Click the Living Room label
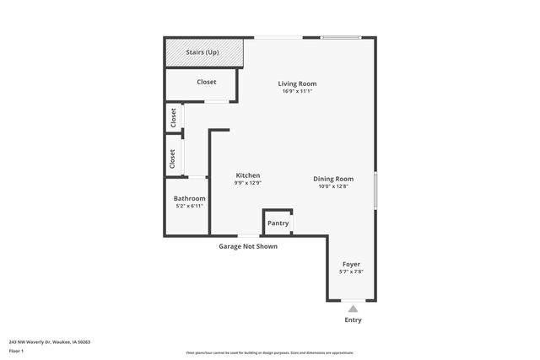coord(297,83)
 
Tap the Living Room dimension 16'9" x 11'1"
coord(297,91)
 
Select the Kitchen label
coord(247,175)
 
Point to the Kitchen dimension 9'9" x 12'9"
coord(247,183)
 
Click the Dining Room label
coord(332,179)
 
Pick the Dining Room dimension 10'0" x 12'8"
coord(332,186)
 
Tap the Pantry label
coord(278,223)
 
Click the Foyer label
coord(351,264)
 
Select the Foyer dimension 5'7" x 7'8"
coord(351,271)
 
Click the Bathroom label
coord(189,198)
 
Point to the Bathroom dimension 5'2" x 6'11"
coord(189,206)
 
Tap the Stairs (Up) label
coord(204,53)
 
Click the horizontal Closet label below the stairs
coord(206,82)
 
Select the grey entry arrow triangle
coord(353,309)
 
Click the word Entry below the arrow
coord(353,320)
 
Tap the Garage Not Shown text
coord(248,246)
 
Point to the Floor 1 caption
coord(16,350)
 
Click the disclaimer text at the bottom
coord(270,353)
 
